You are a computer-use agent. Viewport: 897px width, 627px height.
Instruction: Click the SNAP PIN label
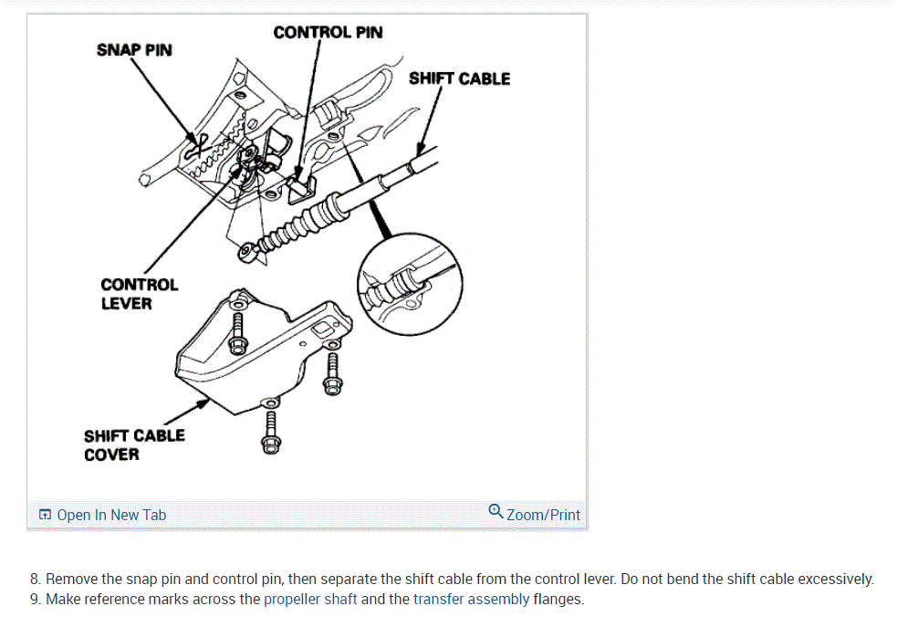tap(133, 49)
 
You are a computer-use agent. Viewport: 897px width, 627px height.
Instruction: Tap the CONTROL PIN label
tap(328, 33)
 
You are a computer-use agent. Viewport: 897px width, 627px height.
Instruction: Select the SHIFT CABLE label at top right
tap(459, 78)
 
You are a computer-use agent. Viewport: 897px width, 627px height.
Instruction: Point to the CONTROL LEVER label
tap(139, 294)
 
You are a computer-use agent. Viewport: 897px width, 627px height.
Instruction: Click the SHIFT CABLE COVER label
tap(133, 444)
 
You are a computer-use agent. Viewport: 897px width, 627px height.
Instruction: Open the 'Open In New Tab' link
tap(111, 515)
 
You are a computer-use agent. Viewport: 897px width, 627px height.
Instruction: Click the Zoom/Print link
tap(543, 515)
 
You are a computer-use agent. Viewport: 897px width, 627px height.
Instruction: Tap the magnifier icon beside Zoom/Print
tap(495, 511)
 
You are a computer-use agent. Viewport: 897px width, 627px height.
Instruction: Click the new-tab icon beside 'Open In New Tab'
tap(45, 515)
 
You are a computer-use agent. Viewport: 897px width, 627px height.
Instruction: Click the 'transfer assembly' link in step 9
tap(471, 600)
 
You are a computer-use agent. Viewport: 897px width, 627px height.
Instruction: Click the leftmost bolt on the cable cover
tap(239, 329)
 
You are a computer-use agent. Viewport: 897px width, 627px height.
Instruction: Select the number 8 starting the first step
tap(35, 580)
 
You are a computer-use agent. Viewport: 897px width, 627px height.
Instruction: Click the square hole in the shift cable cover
tap(322, 328)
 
